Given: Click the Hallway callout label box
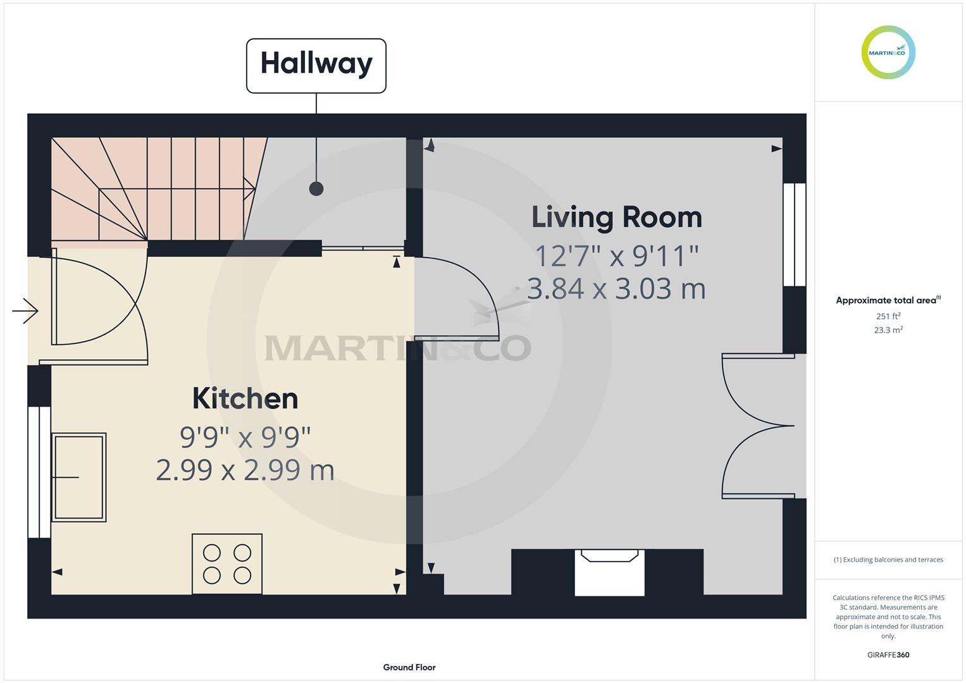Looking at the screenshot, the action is pos(316,66).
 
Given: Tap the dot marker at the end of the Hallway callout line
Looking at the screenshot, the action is pos(316,189).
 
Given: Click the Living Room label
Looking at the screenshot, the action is pos(617,218).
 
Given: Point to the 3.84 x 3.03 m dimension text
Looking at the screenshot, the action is pos(616,288).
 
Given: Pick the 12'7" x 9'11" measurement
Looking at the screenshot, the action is pos(617,255).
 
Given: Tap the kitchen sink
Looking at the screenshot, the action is pos(79,477).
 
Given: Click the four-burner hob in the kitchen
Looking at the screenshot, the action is pos(227,564).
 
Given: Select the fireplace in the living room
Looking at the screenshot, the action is pos(609,572).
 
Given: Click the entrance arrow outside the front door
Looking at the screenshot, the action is pos(25,311).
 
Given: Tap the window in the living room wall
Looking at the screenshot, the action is pos(795,235).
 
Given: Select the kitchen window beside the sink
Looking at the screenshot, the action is pos(39,472).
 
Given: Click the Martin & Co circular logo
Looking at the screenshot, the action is pos(888,52).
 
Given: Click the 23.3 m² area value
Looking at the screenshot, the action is pos(888,330).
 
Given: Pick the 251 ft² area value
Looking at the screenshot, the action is pos(888,316).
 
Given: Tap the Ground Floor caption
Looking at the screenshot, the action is pos(409,667).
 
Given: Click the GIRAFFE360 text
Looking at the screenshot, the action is pos(888,655).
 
